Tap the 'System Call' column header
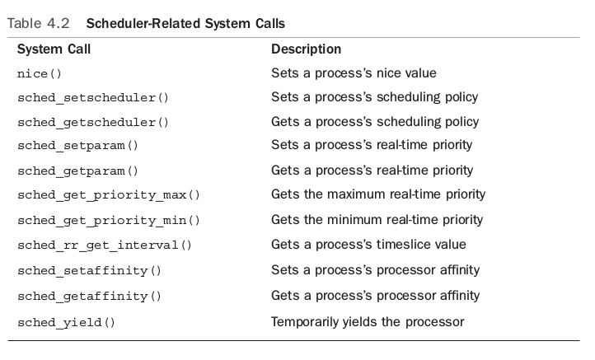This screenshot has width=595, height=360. point(54,49)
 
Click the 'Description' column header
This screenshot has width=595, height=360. point(306,49)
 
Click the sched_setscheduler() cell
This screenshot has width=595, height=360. point(92,98)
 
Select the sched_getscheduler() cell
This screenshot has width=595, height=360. point(92,123)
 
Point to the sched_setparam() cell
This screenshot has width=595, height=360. point(77,147)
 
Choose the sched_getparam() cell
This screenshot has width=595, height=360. point(77,171)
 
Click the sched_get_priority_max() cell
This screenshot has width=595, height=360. point(108,196)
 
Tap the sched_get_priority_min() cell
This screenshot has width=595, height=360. point(108,221)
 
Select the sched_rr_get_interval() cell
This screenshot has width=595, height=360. point(104,245)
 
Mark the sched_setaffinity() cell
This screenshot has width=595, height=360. point(89,270)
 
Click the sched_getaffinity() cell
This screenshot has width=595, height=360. point(89,296)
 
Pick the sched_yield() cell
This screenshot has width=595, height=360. point(66,322)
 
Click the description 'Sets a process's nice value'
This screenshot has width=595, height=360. point(354,73)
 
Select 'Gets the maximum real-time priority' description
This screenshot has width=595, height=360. point(377,195)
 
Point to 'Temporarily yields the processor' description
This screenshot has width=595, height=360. point(368,321)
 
